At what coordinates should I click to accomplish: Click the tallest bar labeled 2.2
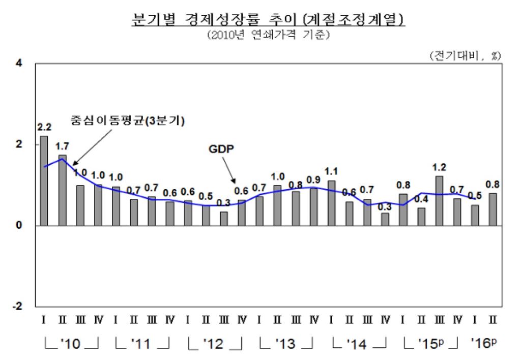44,181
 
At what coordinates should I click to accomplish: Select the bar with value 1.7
62,190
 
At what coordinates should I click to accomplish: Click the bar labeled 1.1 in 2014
332,203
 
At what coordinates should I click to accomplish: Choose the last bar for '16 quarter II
493,209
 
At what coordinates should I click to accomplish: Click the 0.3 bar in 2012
224,219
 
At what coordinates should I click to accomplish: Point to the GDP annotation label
220,149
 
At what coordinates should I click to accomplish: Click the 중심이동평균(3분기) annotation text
127,121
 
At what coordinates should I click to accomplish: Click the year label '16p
483,343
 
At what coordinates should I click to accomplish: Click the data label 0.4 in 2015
421,198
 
